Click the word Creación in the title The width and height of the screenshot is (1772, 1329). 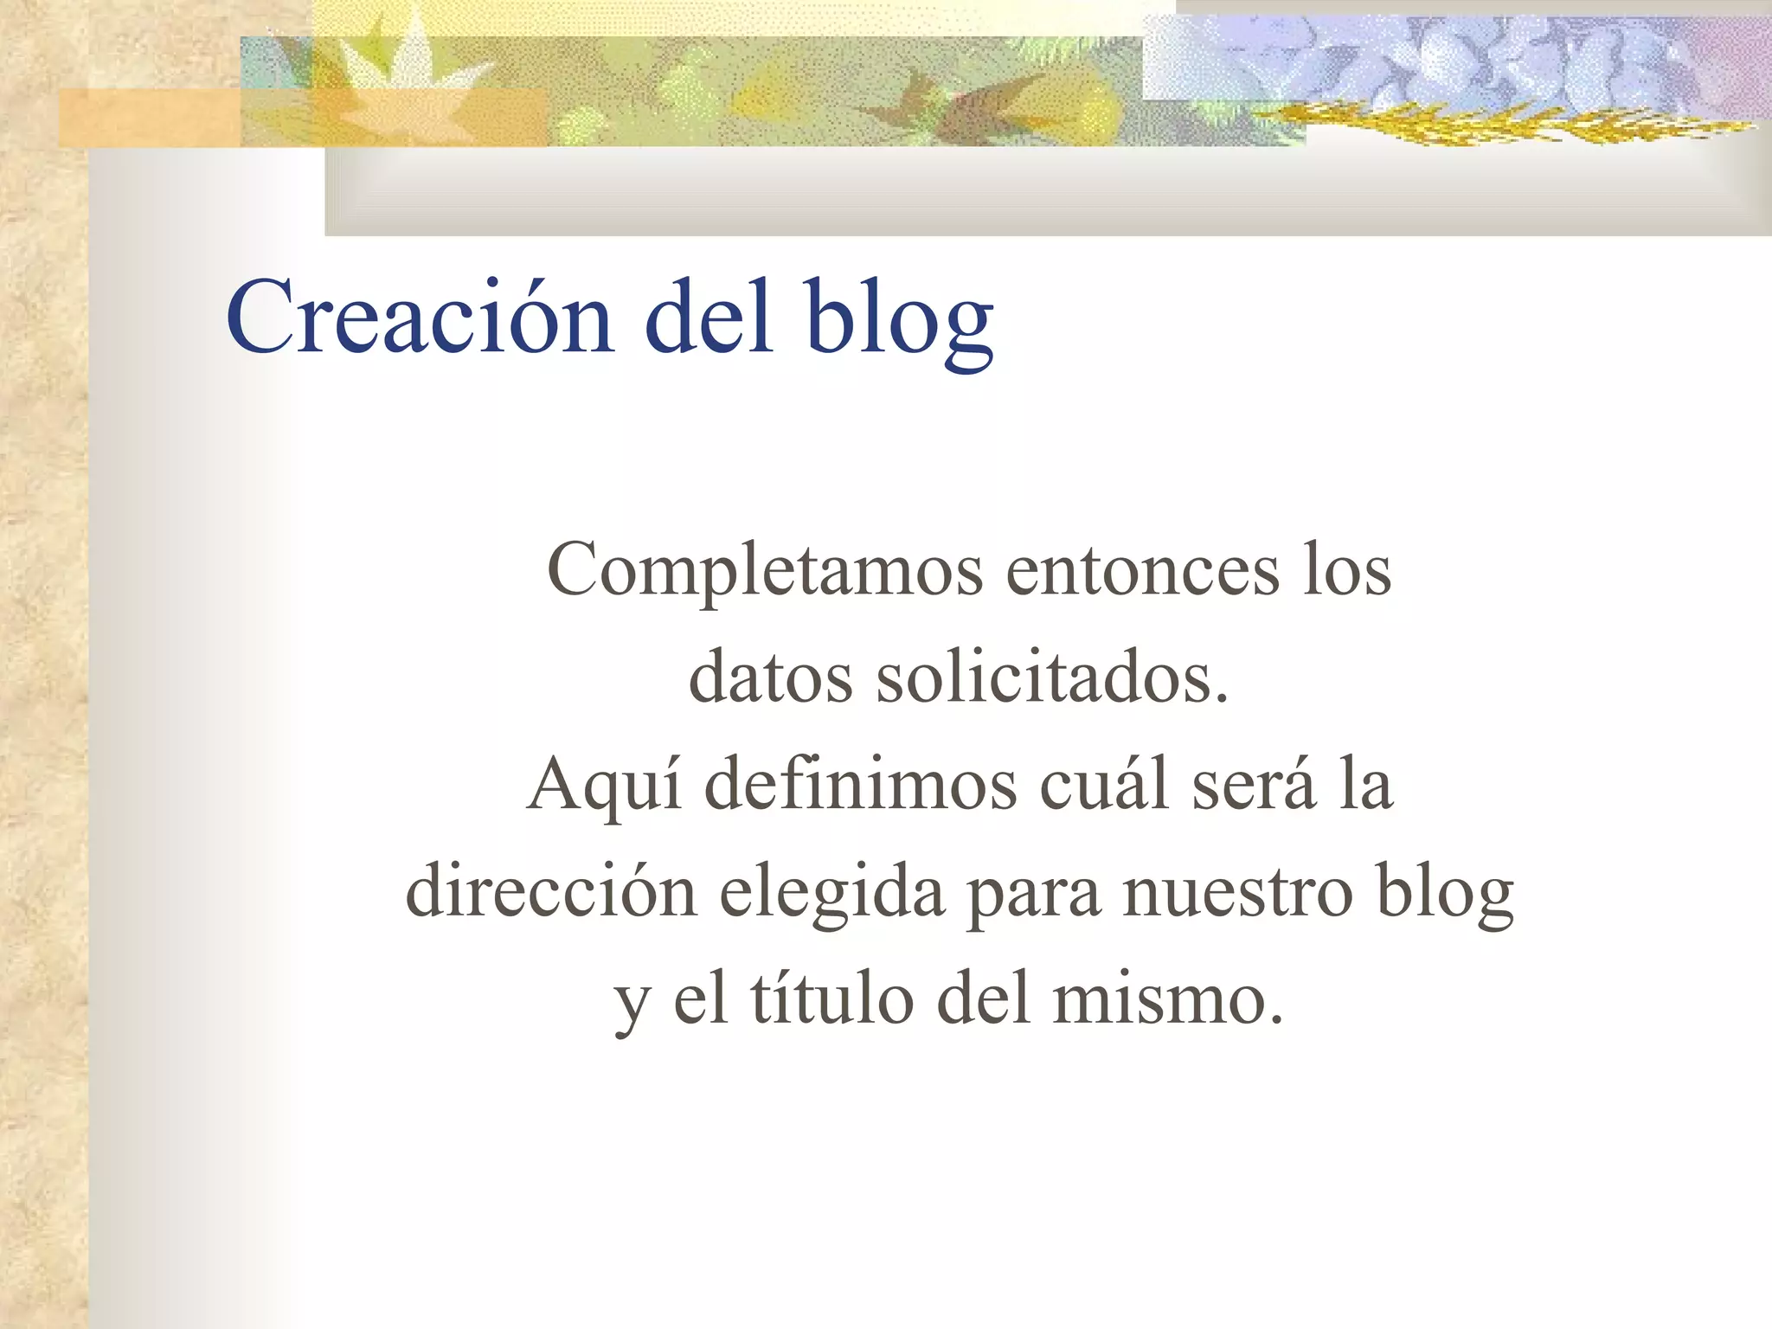click(419, 317)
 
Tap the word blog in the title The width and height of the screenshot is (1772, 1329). click(899, 320)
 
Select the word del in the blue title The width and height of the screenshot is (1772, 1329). click(709, 317)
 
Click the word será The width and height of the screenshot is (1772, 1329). click(1254, 784)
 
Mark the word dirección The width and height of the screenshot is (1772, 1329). click(551, 891)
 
